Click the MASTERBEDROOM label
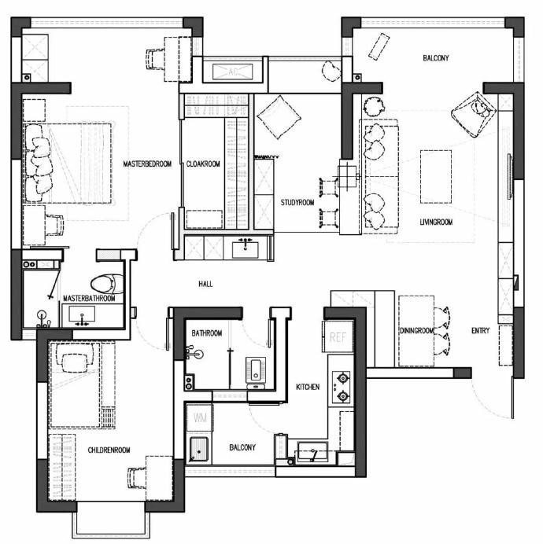tap(147, 164)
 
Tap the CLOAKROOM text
tap(203, 164)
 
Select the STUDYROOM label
tap(297, 202)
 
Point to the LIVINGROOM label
tap(436, 222)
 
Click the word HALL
tap(205, 284)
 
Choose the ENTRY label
tap(481, 331)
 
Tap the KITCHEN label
tap(308, 387)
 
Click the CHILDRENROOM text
tap(109, 450)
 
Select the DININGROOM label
tap(416, 331)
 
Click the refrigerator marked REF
tap(338, 337)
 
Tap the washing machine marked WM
tap(200, 417)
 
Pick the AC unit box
tap(232, 72)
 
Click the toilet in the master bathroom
tap(107, 284)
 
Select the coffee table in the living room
tap(436, 177)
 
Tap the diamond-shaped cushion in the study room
tap(279, 117)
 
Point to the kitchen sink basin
tap(312, 451)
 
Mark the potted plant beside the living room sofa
tap(374, 106)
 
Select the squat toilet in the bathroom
tap(256, 370)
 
